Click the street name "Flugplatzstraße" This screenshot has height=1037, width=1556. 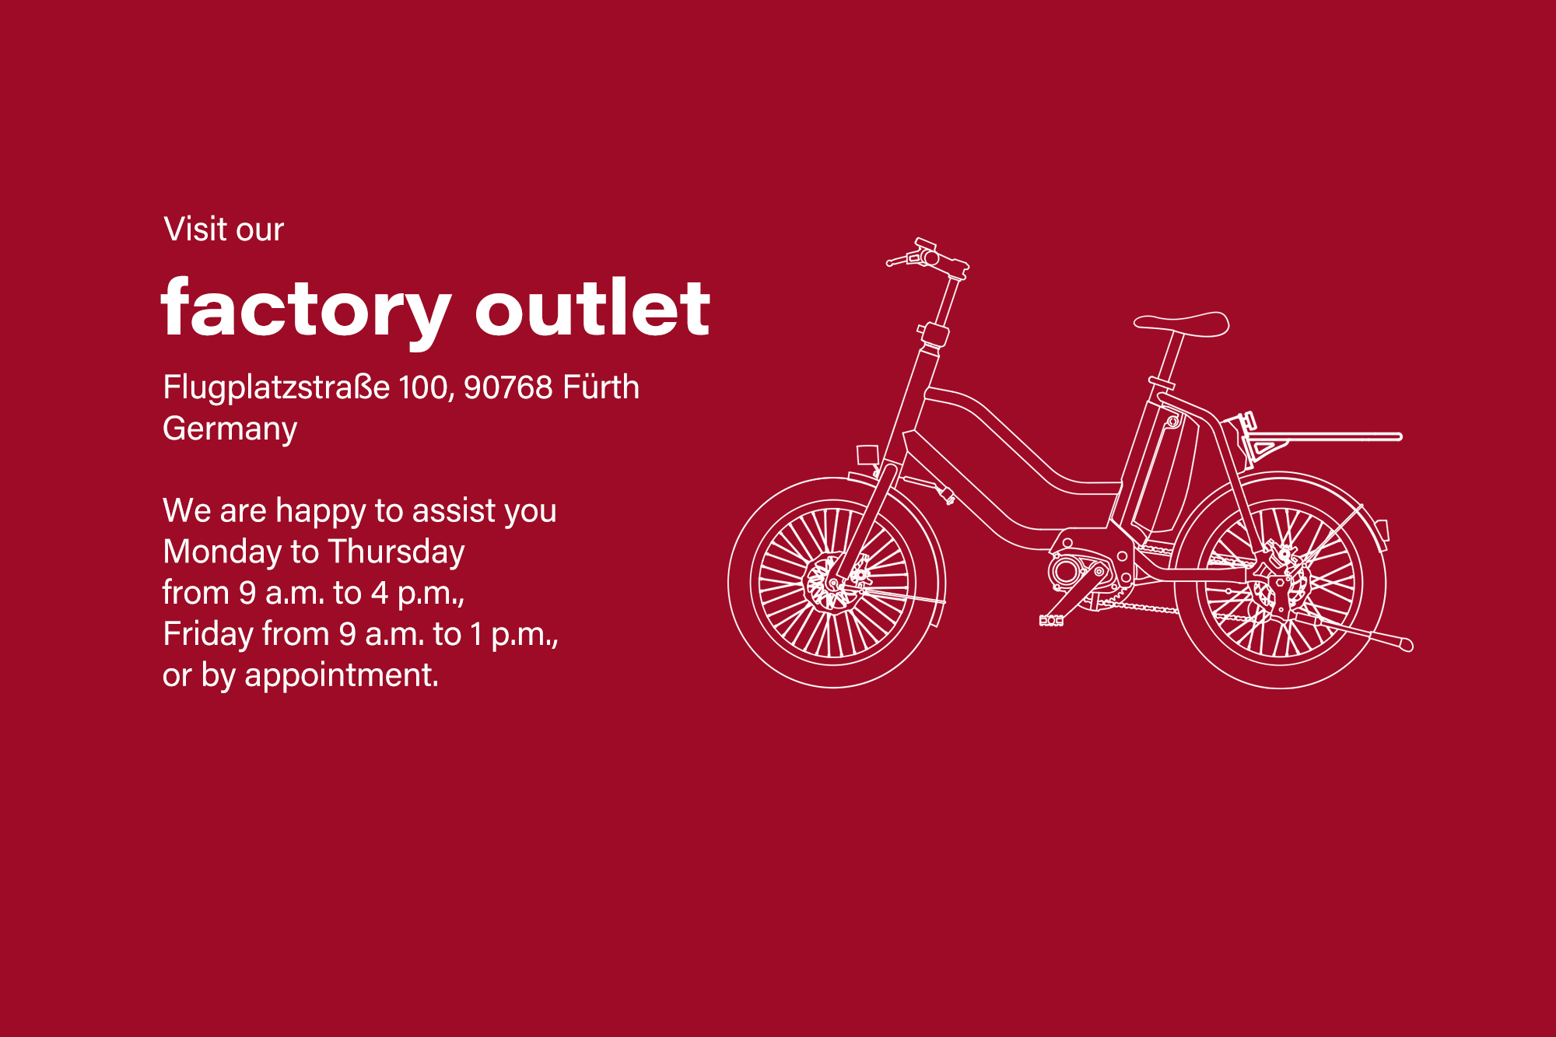(276, 388)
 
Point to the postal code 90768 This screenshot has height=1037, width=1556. (507, 387)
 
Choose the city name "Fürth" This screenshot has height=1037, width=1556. (601, 387)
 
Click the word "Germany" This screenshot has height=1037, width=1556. (230, 429)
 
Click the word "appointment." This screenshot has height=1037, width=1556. (342, 675)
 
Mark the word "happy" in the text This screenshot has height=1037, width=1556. (320, 512)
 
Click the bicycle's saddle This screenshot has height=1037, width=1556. (1181, 323)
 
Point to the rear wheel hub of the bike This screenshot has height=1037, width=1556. (1280, 583)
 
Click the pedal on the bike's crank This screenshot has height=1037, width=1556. (1051, 620)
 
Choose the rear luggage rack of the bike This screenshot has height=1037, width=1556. (1323, 438)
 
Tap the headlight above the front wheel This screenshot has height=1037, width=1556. (867, 454)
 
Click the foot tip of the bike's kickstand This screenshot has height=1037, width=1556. (1405, 644)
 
